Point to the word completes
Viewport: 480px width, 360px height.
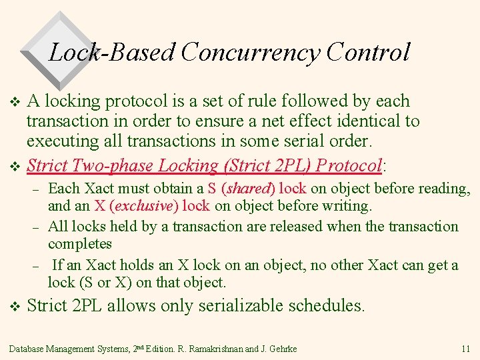tap(80, 243)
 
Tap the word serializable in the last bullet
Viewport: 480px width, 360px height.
tap(239, 306)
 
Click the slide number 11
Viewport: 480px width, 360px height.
tap(465, 349)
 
